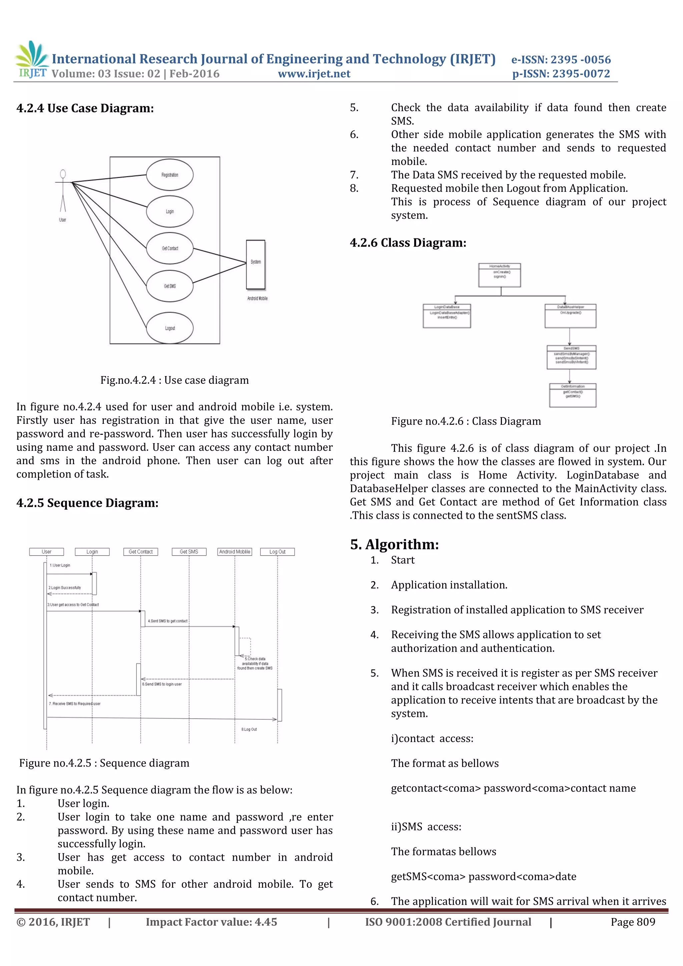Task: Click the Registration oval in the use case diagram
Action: coord(170,175)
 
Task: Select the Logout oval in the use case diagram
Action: coord(170,328)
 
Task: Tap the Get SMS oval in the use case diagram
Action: coord(170,286)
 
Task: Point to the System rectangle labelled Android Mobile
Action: coord(255,264)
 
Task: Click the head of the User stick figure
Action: coord(63,174)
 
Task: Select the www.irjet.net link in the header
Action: coord(314,74)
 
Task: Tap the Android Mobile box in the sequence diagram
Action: coord(234,552)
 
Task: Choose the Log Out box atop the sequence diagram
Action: coord(277,552)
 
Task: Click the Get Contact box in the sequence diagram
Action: coord(140,552)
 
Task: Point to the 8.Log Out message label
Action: coord(249,730)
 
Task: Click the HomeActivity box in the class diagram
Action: coord(500,275)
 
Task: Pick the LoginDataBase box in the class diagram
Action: coord(447,315)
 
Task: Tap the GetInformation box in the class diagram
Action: coord(572,395)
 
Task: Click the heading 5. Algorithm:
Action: coord(394,545)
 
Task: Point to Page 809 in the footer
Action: coord(633,922)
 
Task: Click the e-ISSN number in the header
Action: coord(561,60)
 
